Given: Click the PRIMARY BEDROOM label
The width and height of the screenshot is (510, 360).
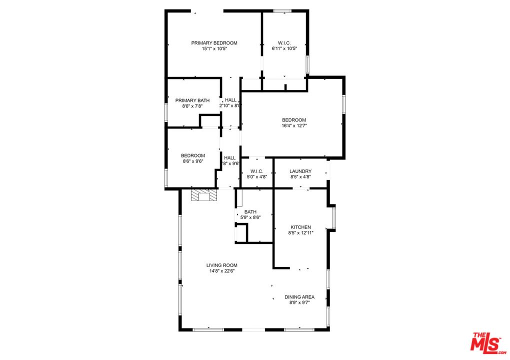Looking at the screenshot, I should pyautogui.click(x=214, y=43).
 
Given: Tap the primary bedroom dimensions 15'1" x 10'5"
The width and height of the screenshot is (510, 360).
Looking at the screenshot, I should pyautogui.click(x=214, y=49).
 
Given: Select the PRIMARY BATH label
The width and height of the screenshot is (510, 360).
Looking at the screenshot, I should pyautogui.click(x=192, y=100).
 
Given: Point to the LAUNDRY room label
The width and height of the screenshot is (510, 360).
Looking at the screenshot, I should pyautogui.click(x=300, y=171).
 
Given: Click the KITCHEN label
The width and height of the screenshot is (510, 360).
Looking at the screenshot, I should pyautogui.click(x=300, y=227).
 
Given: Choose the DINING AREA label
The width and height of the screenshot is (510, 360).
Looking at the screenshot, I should pyautogui.click(x=299, y=297).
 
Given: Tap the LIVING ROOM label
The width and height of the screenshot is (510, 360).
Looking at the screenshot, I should pyautogui.click(x=222, y=265).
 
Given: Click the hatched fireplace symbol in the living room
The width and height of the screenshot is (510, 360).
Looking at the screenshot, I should pyautogui.click(x=204, y=195).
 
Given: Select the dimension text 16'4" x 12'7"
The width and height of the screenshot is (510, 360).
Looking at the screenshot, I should pyautogui.click(x=294, y=126).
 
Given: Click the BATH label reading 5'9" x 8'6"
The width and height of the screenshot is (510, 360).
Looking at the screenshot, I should pyautogui.click(x=250, y=211).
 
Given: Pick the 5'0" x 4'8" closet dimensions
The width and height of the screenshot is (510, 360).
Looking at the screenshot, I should pyautogui.click(x=257, y=177).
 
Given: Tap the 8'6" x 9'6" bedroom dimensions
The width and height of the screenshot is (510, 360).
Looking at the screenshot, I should pyautogui.click(x=192, y=161).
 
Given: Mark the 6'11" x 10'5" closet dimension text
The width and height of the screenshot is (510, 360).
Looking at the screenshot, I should pyautogui.click(x=284, y=49).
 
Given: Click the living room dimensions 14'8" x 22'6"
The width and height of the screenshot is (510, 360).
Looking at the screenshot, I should pyautogui.click(x=222, y=271).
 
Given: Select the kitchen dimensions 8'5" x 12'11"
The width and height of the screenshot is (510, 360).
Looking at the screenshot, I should pyautogui.click(x=300, y=233).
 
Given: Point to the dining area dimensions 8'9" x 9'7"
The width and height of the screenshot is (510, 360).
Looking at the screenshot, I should pyautogui.click(x=299, y=303).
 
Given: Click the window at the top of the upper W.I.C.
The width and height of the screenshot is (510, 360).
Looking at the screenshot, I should pyautogui.click(x=282, y=10).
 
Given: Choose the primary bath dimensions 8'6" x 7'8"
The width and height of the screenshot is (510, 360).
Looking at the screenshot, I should pyautogui.click(x=192, y=106).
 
